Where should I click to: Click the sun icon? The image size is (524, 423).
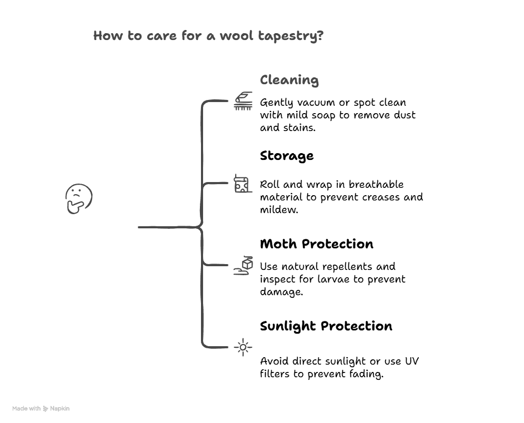[x=243, y=347]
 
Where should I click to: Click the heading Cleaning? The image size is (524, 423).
[x=289, y=80]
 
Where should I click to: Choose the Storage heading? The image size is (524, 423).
[x=286, y=156]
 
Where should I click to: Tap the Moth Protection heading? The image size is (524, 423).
[x=316, y=244]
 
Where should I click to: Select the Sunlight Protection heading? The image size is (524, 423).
[x=326, y=326]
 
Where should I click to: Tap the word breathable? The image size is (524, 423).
[x=376, y=185]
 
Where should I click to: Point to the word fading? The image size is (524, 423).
[x=365, y=375]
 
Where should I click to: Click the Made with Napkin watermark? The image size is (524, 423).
[x=41, y=408]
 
